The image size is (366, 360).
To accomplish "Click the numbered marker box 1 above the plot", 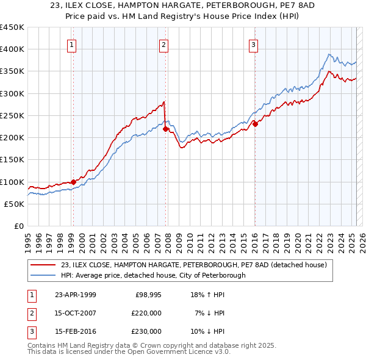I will point(72,44).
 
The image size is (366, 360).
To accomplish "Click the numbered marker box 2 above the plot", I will point(164,44).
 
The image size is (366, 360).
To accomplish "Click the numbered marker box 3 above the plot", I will point(253,44).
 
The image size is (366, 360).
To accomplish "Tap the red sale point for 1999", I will point(73,182).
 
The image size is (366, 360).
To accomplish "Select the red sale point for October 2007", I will point(165,129).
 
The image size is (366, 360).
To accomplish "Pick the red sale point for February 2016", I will point(255,124).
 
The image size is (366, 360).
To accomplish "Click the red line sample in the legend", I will point(43,265).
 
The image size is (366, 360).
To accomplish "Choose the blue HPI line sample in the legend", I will point(43,275).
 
